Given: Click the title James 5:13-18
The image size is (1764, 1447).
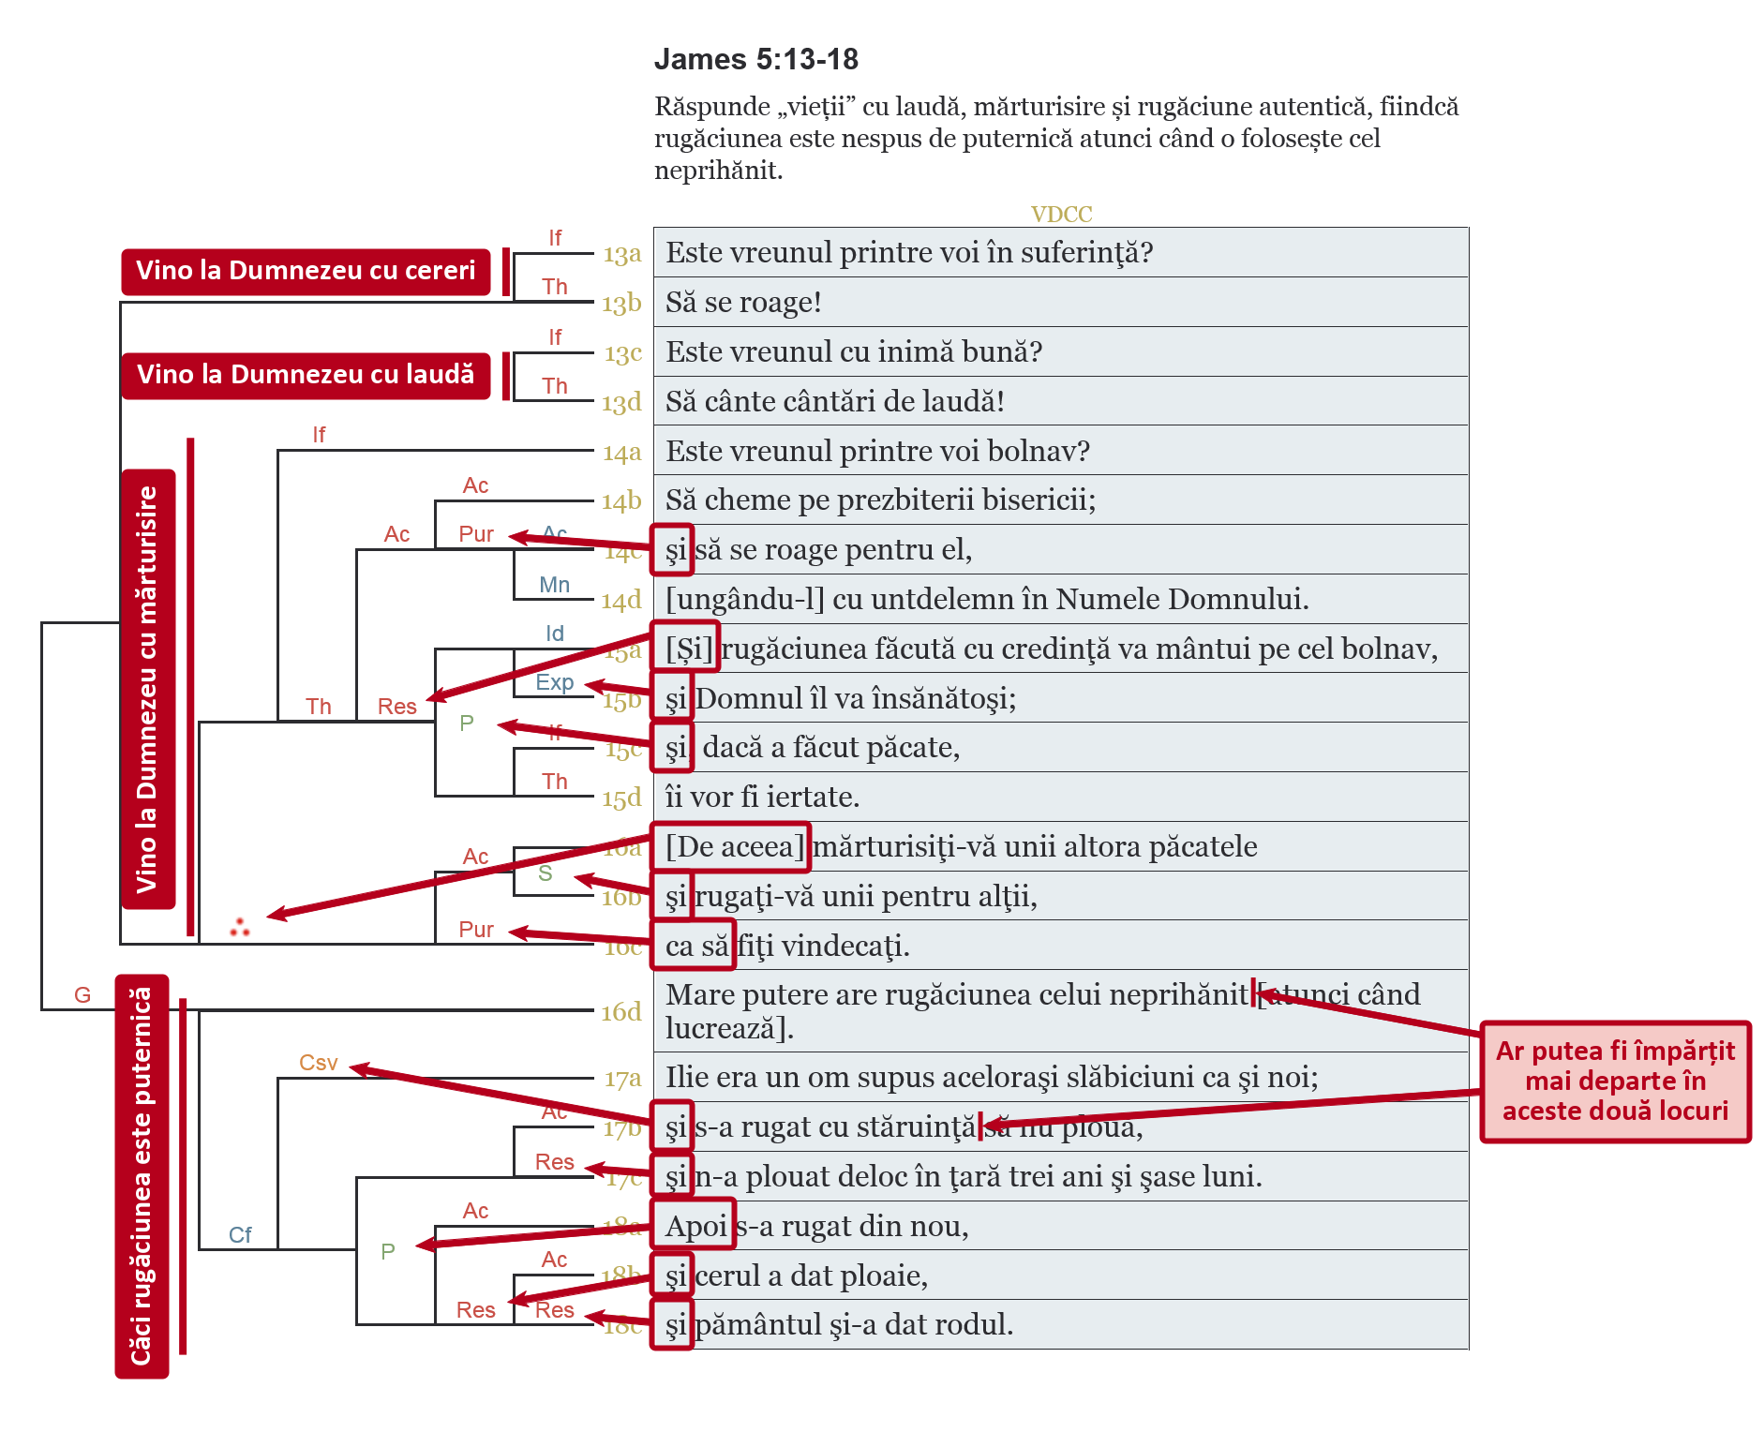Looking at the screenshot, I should tap(755, 59).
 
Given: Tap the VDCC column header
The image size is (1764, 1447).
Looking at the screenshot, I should tap(1061, 215).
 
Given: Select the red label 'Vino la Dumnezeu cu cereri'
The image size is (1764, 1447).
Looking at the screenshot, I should tap(306, 271).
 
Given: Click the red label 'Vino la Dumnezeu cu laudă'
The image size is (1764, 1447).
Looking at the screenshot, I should tap(306, 375).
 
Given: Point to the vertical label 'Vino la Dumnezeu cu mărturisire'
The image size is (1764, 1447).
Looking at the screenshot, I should tap(148, 689).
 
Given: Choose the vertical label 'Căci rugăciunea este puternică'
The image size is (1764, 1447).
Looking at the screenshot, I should tap(142, 1176).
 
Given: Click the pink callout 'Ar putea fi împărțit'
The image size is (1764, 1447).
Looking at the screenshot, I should tap(1615, 1082).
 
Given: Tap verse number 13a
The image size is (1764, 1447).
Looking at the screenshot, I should tap(621, 254).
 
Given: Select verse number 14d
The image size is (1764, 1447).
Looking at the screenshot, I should tap(621, 600).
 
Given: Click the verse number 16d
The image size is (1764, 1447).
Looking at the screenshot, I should tap(621, 1012).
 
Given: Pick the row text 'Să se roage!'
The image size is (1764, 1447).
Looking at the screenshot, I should tap(743, 303).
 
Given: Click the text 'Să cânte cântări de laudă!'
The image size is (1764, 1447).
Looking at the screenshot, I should tap(834, 401).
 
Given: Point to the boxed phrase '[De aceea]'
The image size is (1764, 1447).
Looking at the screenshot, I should tap(731, 846).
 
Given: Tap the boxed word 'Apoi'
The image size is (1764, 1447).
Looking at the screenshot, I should tap(695, 1225).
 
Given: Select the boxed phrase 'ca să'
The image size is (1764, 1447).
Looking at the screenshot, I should tap(695, 946).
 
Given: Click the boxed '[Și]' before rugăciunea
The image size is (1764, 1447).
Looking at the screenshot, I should tap(687, 648).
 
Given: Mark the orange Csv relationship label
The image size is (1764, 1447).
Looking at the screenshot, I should tap(318, 1063).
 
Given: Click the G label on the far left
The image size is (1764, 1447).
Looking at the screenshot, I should tap(82, 995).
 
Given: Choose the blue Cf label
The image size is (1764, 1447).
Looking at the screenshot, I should tap(240, 1235).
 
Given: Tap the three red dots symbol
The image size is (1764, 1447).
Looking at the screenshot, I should tap(240, 928).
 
